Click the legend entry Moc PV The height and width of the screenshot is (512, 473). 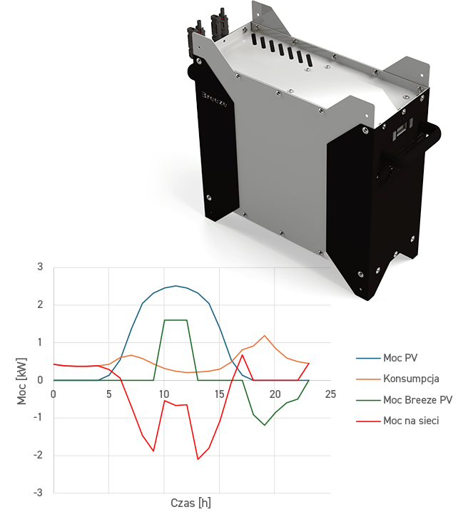pyautogui.click(x=400, y=358)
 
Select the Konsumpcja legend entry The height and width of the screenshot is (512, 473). pyautogui.click(x=411, y=379)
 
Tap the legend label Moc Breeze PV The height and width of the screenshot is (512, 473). pyautogui.click(x=418, y=399)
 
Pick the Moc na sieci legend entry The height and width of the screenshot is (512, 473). pyautogui.click(x=411, y=421)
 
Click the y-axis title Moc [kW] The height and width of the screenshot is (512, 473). pyautogui.click(x=21, y=381)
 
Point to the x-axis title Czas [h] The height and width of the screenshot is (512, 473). pyautogui.click(x=190, y=503)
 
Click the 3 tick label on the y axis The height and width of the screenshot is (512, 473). pyautogui.click(x=40, y=267)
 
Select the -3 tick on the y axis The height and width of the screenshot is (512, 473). pyautogui.click(x=38, y=493)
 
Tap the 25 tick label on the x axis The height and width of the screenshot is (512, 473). pyautogui.click(x=330, y=394)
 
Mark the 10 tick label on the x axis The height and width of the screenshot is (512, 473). pyautogui.click(x=164, y=394)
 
